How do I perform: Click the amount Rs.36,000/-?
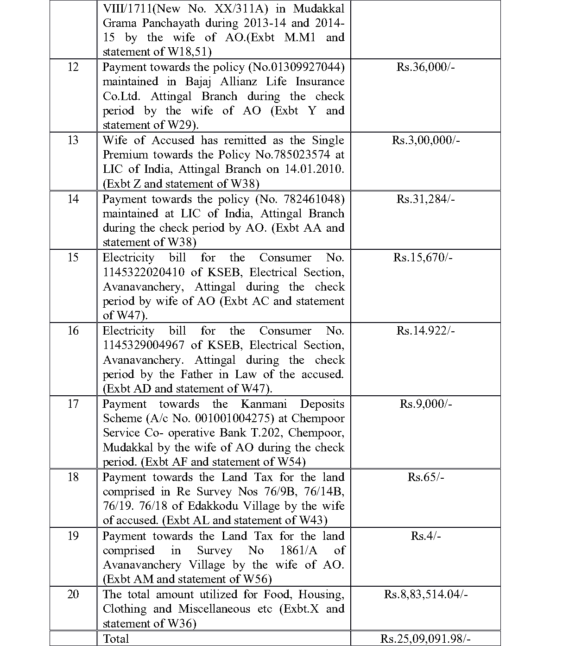click(x=425, y=67)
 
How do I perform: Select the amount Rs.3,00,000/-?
click(x=425, y=140)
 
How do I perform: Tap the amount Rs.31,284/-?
click(x=425, y=199)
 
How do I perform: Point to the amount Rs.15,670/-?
click(x=425, y=258)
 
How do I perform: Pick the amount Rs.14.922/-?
click(x=425, y=331)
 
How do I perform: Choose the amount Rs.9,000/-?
click(x=425, y=404)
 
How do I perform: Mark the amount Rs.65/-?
click(x=425, y=477)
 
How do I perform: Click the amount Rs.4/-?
click(x=425, y=536)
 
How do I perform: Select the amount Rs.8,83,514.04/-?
click(x=425, y=595)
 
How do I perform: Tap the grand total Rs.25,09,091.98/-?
click(x=425, y=639)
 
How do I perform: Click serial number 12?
click(x=73, y=67)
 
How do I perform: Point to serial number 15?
click(x=73, y=258)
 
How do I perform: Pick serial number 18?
click(x=73, y=477)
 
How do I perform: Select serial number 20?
click(x=73, y=595)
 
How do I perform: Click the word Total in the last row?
click(x=116, y=639)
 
